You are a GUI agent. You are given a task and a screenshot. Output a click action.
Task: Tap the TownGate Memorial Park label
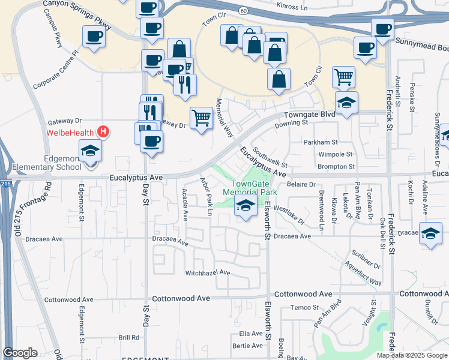point(249,188)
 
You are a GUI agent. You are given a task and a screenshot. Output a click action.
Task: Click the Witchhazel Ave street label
point(208,272)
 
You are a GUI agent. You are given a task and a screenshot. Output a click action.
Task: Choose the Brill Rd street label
point(128,338)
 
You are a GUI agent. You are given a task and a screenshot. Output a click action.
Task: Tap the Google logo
point(20,353)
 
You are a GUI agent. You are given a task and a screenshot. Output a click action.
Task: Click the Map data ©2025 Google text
point(412,355)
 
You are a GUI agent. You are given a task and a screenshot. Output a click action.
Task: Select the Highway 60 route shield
point(243,11)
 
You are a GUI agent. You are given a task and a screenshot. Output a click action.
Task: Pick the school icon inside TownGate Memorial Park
point(245,206)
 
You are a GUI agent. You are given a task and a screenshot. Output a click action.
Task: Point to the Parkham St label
point(320,142)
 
